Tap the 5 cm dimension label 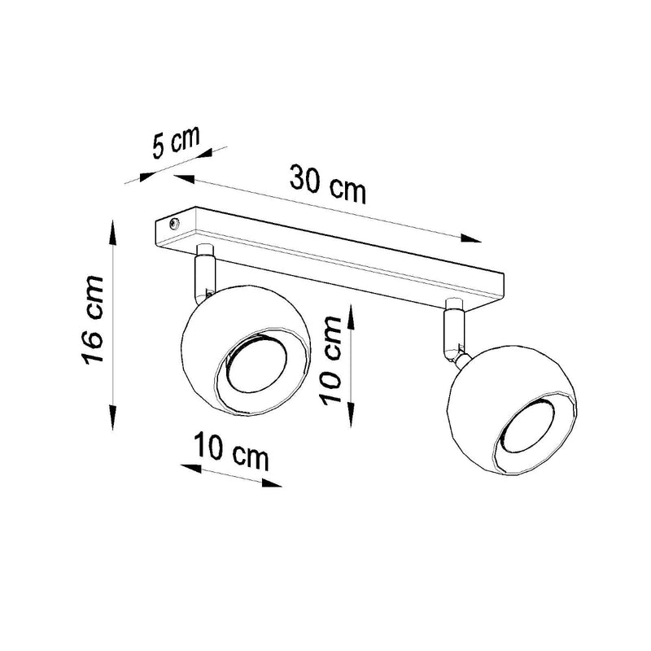tap(174, 143)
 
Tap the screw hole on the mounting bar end tap(172, 221)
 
